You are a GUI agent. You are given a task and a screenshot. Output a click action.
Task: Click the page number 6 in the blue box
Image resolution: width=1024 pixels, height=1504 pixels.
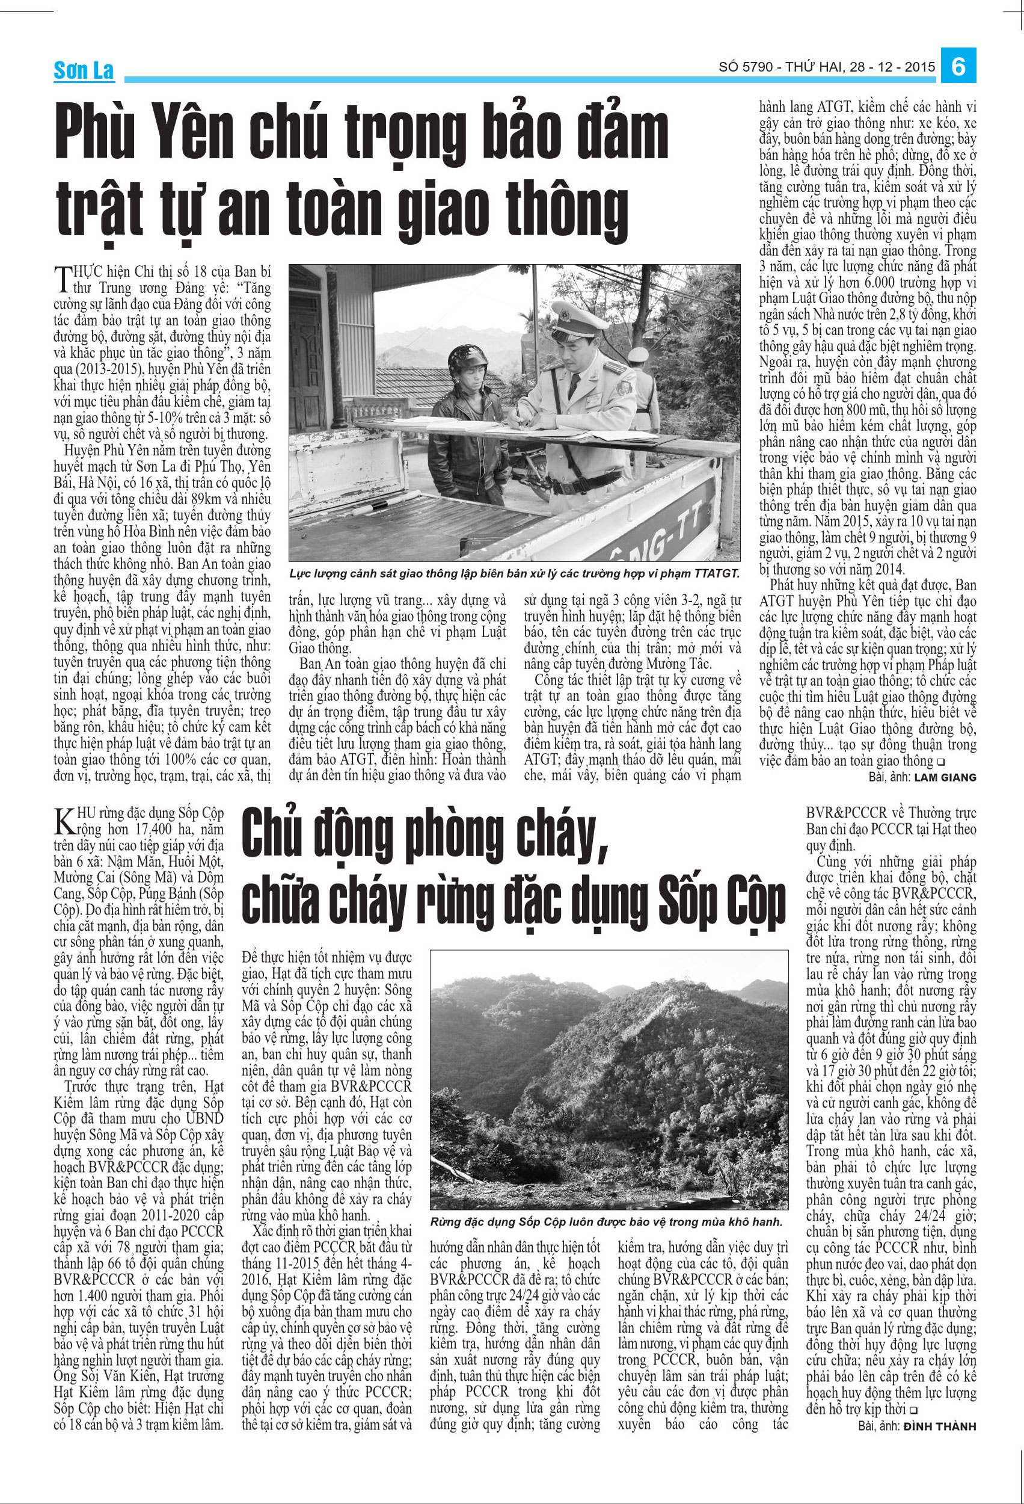(958, 66)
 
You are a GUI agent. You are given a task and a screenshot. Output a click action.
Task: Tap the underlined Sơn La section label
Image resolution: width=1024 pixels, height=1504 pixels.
(84, 70)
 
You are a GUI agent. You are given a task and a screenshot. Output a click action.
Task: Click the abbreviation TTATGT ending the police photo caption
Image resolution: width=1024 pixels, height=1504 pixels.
(714, 573)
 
